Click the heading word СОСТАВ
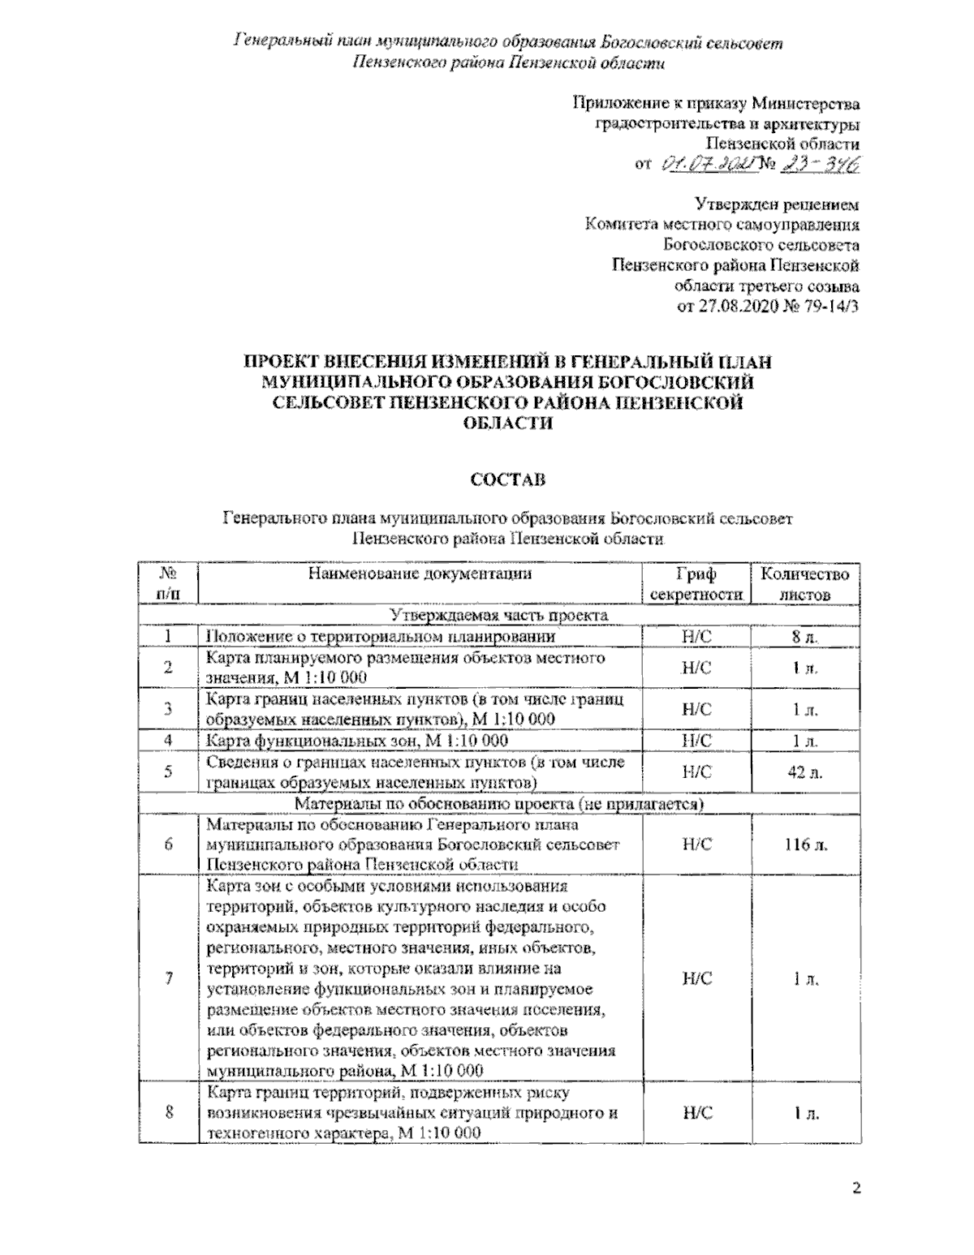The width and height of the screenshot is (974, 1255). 508,479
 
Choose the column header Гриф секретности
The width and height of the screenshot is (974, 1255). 696,584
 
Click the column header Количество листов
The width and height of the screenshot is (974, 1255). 805,584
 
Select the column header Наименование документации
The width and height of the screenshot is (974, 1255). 420,574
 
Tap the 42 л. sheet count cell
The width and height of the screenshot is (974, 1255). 805,772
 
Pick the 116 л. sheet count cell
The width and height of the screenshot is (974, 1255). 805,845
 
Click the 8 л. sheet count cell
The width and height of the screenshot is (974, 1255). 805,637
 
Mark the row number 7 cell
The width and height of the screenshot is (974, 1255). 168,978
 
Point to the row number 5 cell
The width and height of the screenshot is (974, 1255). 168,772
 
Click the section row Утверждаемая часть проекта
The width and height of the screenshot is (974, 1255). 499,616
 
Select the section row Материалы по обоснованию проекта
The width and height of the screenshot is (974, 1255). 499,804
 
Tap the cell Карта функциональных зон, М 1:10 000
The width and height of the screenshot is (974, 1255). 357,741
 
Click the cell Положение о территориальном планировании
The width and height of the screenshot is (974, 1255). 380,637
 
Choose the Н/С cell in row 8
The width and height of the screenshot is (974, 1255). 696,1113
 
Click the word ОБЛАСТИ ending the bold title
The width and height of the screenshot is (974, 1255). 507,423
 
